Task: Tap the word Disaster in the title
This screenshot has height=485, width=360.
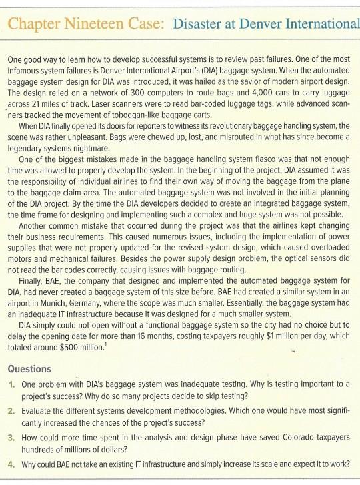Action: click(x=202, y=25)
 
